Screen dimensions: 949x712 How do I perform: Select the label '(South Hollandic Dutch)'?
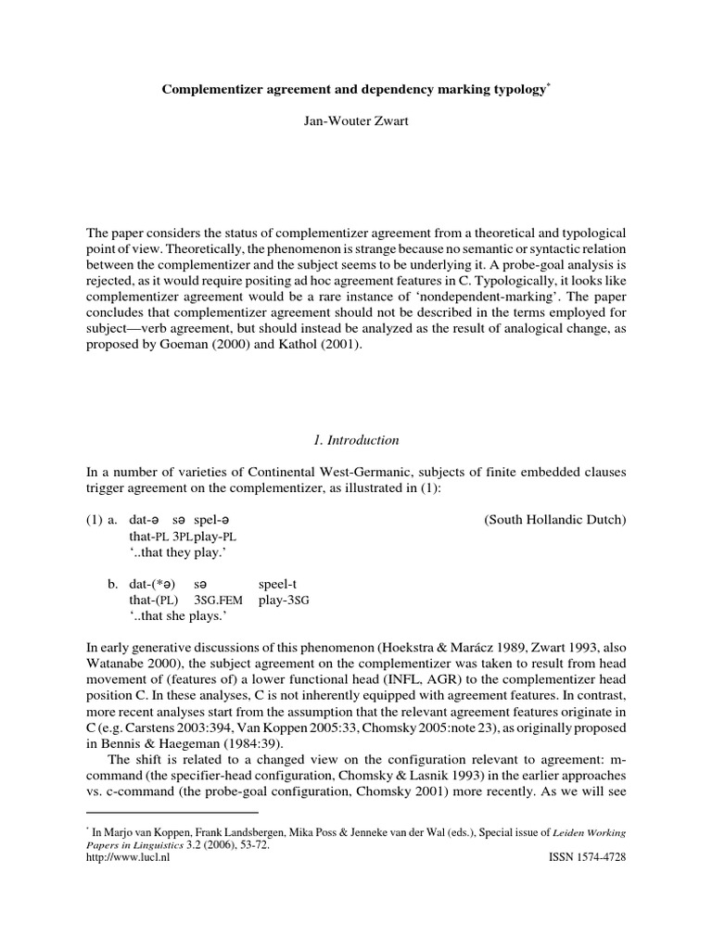coord(555,521)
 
